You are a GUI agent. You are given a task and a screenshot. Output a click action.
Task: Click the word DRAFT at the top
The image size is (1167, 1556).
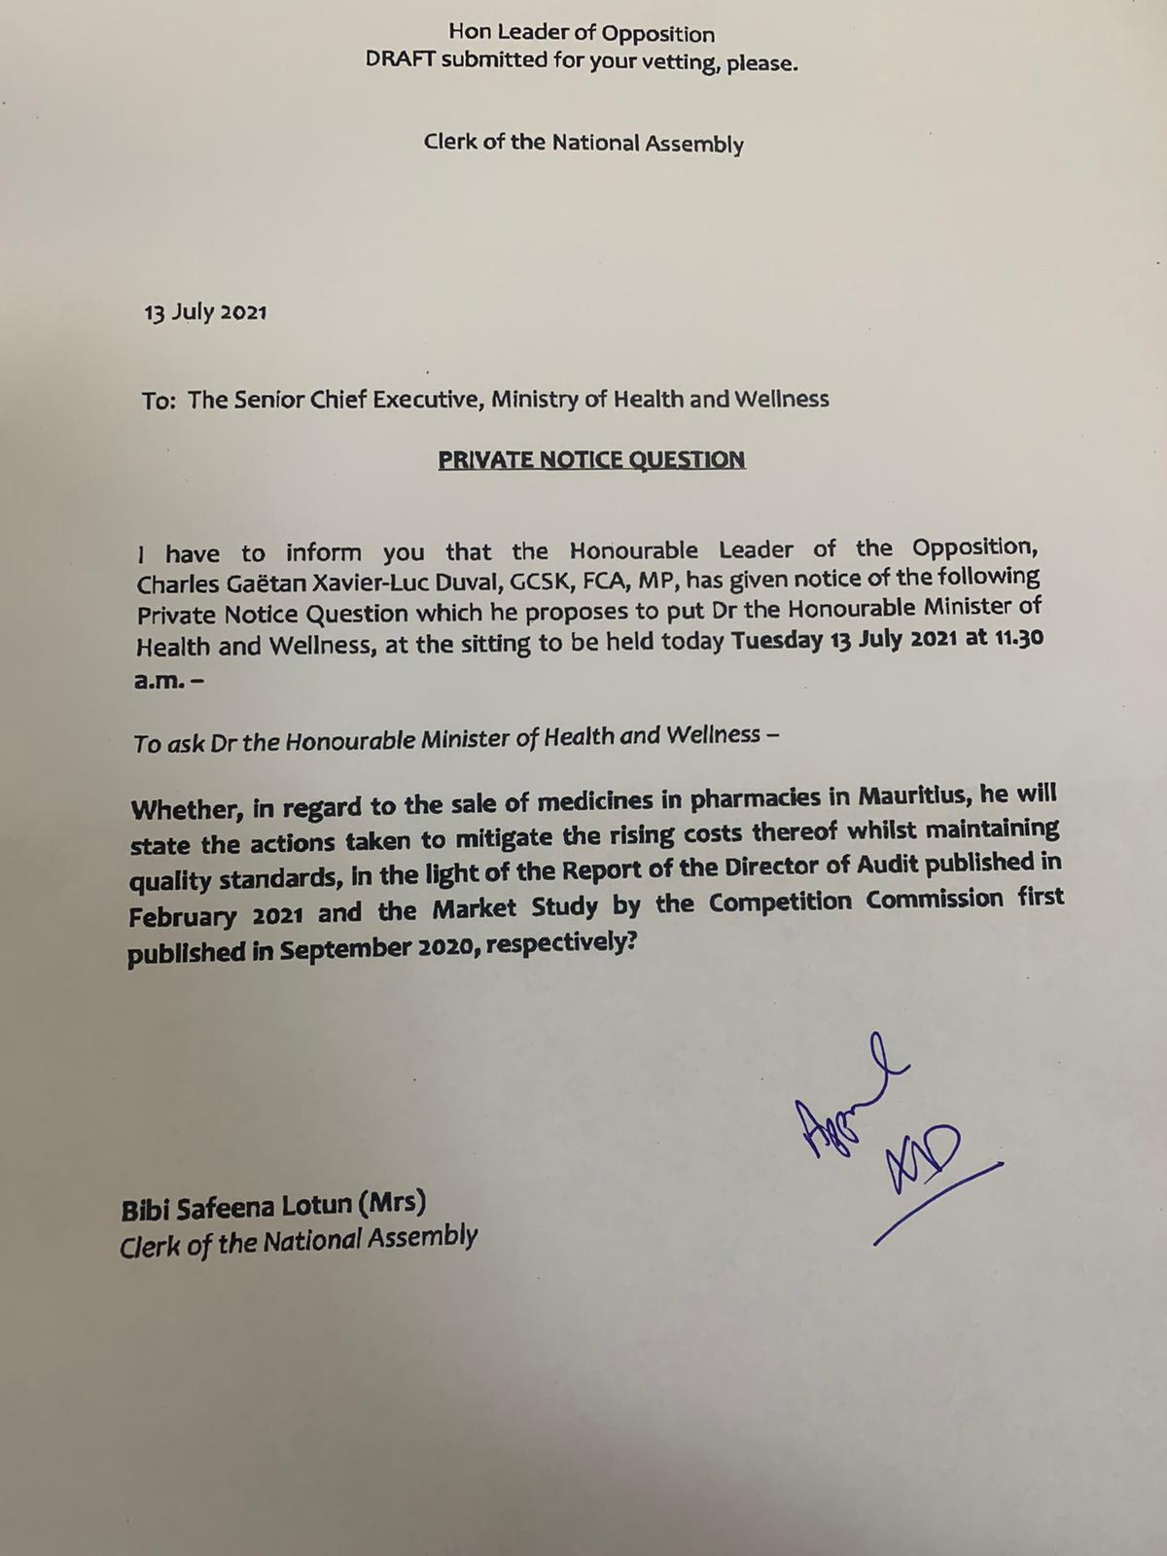coord(400,60)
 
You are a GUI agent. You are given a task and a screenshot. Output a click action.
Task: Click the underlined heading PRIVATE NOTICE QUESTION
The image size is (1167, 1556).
coord(591,459)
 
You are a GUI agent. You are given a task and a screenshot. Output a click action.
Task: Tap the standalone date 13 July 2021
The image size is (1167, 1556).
coord(205,313)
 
